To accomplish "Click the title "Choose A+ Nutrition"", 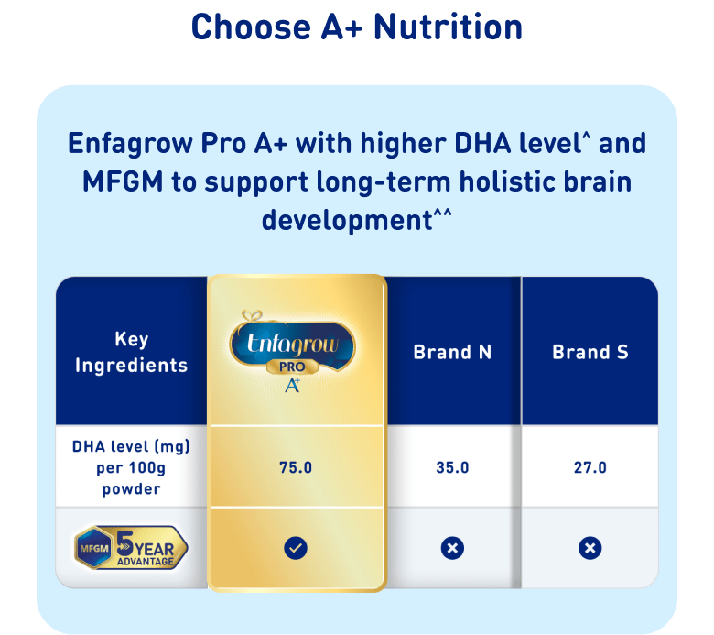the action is [x=357, y=27].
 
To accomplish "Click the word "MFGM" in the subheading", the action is [x=123, y=181].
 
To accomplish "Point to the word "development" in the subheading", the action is [x=347, y=222].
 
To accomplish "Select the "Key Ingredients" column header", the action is [x=132, y=352].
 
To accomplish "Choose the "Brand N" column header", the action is [x=452, y=352].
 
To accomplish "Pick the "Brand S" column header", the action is [x=590, y=352].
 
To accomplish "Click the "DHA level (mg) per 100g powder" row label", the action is [x=131, y=467].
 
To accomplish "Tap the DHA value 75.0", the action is [x=296, y=467].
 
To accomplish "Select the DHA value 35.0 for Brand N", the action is [x=452, y=467].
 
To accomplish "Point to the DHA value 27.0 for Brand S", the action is [x=590, y=467].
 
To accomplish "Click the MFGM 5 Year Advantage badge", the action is [x=131, y=547].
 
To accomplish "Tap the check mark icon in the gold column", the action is [x=296, y=548].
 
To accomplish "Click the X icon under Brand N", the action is [x=452, y=548].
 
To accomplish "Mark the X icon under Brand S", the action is [x=590, y=548].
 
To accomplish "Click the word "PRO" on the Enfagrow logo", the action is [x=292, y=367].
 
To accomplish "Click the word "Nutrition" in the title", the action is [x=448, y=27].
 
